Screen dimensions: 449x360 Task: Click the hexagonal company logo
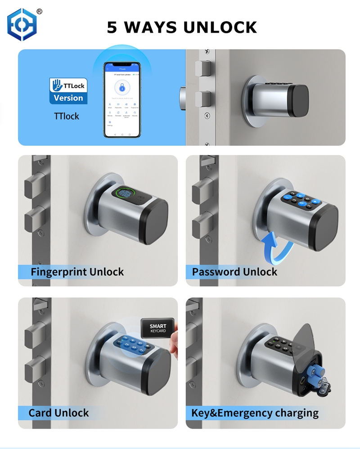click(22, 25)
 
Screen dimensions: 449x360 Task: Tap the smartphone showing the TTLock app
click(122, 100)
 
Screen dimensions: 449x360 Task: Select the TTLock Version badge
click(68, 91)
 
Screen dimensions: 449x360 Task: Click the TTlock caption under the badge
click(66, 116)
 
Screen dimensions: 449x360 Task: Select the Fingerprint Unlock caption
click(77, 272)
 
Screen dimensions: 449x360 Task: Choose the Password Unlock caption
click(234, 272)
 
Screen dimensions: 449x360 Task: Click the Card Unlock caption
click(58, 413)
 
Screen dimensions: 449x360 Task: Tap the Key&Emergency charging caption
click(255, 413)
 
